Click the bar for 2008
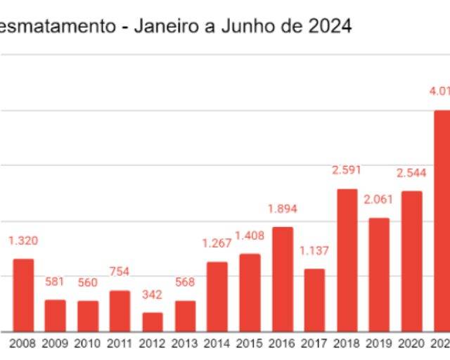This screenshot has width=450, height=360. (x=23, y=295)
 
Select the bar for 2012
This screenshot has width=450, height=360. (x=153, y=322)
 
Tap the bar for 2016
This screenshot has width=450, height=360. (x=283, y=279)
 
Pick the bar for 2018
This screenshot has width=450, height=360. (x=347, y=260)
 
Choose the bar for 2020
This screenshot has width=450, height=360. (x=412, y=262)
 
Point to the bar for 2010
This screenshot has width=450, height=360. (x=88, y=316)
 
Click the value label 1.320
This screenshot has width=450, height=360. (x=23, y=240)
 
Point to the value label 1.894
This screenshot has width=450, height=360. (x=283, y=209)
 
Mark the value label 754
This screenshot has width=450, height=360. (x=120, y=272)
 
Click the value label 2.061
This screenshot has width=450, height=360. (x=380, y=200)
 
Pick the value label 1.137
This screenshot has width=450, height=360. (x=314, y=251)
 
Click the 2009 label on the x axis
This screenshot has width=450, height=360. (x=56, y=344)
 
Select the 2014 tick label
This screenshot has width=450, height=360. (x=217, y=344)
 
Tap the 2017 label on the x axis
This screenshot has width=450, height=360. (x=314, y=344)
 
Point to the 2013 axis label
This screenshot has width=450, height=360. (x=185, y=344)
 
